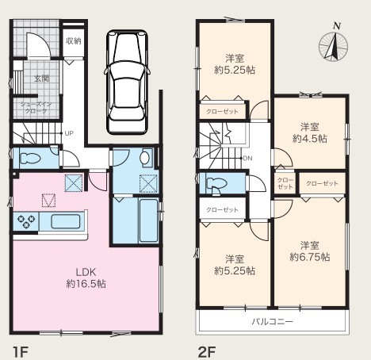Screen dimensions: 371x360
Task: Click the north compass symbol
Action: pyautogui.click(x=333, y=45)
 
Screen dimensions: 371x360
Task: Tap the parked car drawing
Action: pyautogui.click(x=127, y=82)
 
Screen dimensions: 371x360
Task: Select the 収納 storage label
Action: pyautogui.click(x=74, y=41)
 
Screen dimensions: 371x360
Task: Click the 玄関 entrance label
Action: pyautogui.click(x=42, y=79)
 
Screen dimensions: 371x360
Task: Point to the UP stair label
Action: pyautogui.click(x=69, y=133)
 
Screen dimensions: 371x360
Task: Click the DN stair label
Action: pyautogui.click(x=247, y=159)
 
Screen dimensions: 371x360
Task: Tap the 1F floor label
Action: pyautogui.click(x=20, y=352)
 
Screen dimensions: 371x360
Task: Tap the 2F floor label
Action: pyautogui.click(x=207, y=352)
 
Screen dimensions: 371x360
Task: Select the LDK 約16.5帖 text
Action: pyautogui.click(x=86, y=278)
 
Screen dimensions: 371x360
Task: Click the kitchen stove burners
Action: pyautogui.click(x=26, y=221)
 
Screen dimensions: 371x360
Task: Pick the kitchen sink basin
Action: pyautogui.click(x=66, y=221)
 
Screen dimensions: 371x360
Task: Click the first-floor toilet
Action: pyautogui.click(x=30, y=158)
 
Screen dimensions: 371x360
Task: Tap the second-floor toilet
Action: pyautogui.click(x=216, y=183)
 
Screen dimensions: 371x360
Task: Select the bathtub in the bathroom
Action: pyautogui.click(x=148, y=220)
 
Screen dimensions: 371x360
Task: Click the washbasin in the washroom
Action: pyautogui.click(x=144, y=158)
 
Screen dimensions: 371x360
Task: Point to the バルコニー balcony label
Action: pyautogui.click(x=272, y=322)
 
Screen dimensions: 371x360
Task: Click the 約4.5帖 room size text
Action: pyautogui.click(x=310, y=139)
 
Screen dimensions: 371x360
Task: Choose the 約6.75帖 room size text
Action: pyautogui.click(x=310, y=257)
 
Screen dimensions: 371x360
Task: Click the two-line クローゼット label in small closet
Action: pyautogui.click(x=285, y=183)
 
